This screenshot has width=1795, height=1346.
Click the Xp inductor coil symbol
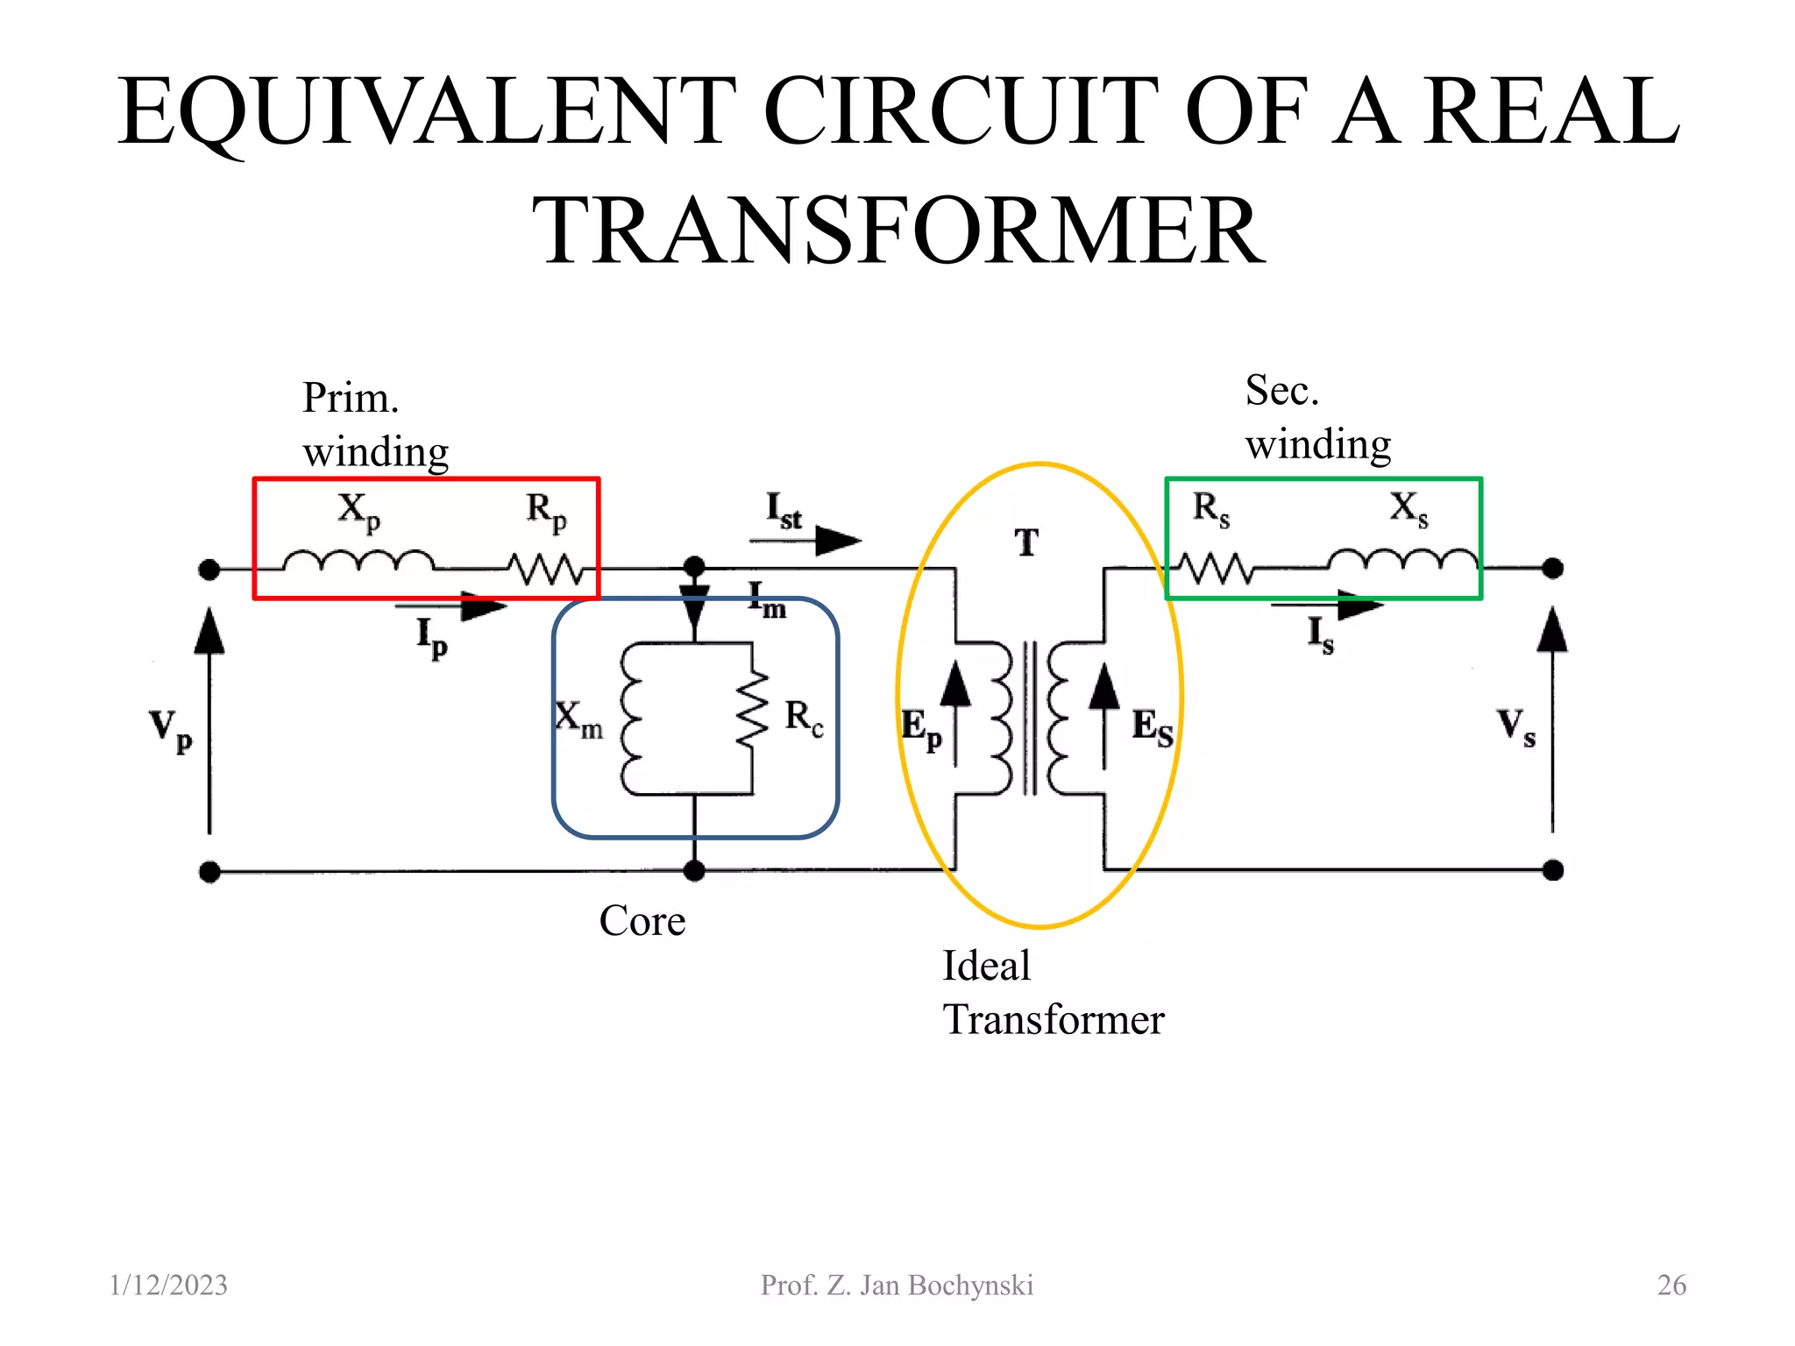tap(358, 561)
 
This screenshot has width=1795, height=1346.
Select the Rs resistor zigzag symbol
tap(1215, 570)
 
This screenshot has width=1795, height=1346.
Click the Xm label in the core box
tap(579, 719)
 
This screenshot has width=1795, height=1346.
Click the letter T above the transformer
tap(1026, 543)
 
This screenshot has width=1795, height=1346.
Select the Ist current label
tap(784, 511)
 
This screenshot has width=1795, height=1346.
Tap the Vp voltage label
tap(170, 730)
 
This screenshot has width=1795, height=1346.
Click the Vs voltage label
tap(1515, 727)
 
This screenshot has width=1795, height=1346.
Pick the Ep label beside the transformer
tap(921, 729)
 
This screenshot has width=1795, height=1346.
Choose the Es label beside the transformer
tap(1152, 727)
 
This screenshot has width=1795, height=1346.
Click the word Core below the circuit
tap(642, 921)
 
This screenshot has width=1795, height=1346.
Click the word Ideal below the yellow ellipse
tap(986, 966)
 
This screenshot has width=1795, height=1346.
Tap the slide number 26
tap(1671, 1285)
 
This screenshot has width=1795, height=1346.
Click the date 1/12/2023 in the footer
tap(168, 1285)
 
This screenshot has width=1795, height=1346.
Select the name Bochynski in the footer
tap(970, 1286)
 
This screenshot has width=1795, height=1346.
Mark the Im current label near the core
tap(768, 601)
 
